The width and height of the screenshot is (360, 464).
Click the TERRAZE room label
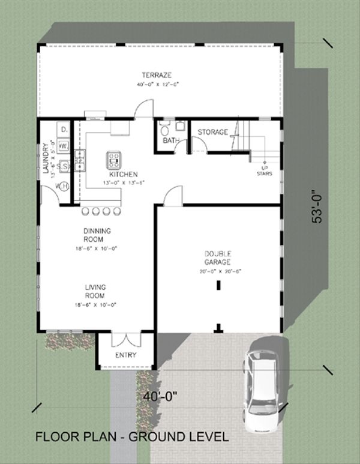[x=157, y=75]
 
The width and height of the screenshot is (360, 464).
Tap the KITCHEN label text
[x=124, y=174]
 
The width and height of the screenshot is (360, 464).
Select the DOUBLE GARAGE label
[x=218, y=258]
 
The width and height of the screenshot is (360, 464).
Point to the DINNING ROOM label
[x=97, y=234]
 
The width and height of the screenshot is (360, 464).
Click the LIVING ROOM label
[x=95, y=292]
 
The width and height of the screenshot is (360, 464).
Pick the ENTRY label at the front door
[x=126, y=355]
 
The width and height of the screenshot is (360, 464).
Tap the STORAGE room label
[x=213, y=132]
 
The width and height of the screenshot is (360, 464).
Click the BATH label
[x=171, y=141]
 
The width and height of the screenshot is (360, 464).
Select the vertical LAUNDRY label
[x=46, y=158]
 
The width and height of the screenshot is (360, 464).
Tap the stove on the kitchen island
[x=114, y=159]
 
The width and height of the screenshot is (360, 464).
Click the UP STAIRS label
[x=265, y=170]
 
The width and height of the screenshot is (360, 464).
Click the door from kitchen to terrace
[x=143, y=109]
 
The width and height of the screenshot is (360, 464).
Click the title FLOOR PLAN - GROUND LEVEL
[x=132, y=437]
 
